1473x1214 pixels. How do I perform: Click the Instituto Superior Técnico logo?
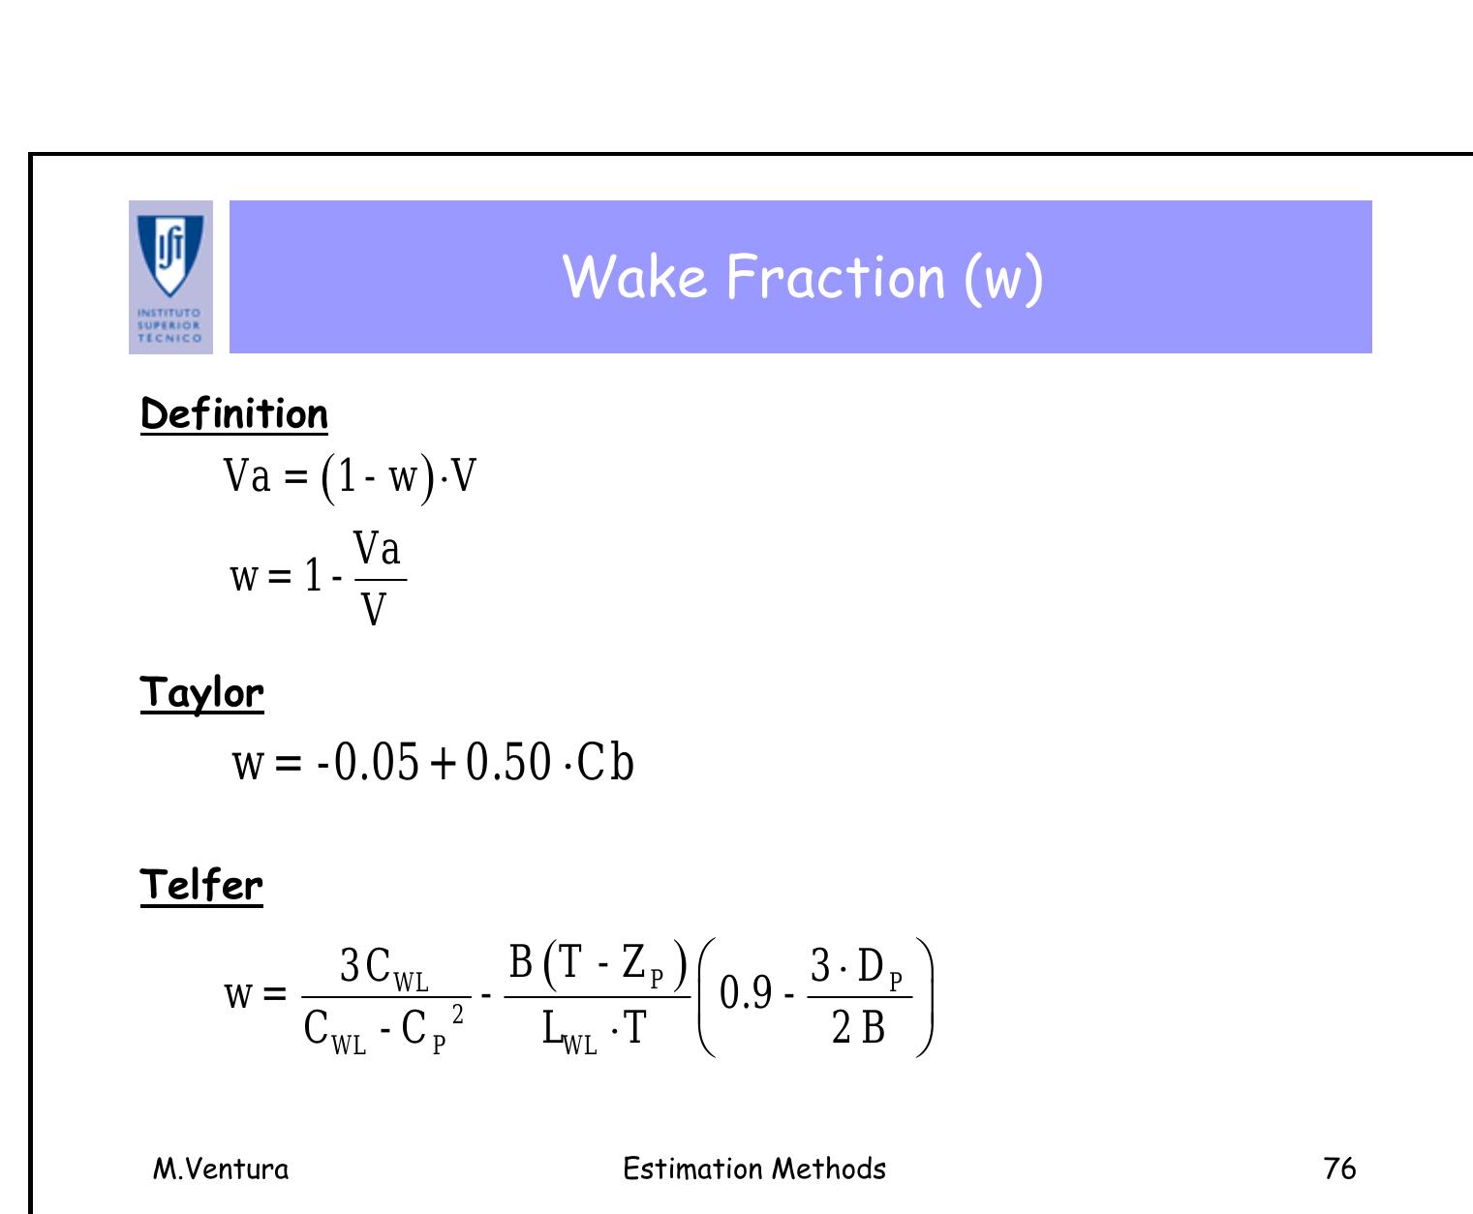click(x=170, y=276)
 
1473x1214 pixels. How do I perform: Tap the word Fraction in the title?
click(x=835, y=277)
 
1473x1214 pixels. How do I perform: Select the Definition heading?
click(x=234, y=414)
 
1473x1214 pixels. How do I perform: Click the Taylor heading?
click(x=201, y=694)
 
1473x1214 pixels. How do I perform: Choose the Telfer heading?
click(x=201, y=886)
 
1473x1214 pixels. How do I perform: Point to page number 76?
click(x=1339, y=1168)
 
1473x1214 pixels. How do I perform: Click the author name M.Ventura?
click(x=221, y=1168)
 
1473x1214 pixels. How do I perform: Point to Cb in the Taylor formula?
click(x=605, y=763)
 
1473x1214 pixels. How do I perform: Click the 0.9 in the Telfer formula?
click(x=746, y=993)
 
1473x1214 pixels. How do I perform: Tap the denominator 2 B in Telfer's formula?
click(x=858, y=1028)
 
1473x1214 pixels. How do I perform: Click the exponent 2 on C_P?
click(x=458, y=1014)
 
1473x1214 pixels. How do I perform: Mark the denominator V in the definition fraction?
click(x=373, y=610)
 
